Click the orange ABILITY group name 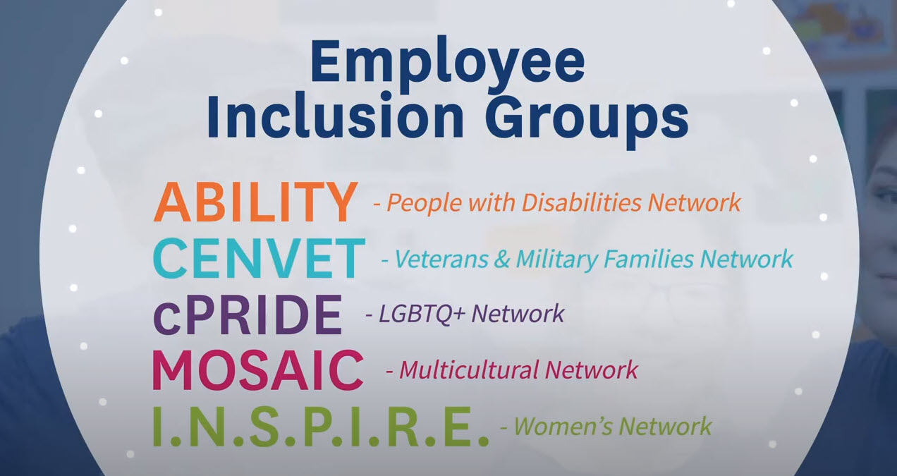(x=255, y=203)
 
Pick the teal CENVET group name (x=259, y=259)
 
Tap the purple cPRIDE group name (x=248, y=315)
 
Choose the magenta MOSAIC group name (x=258, y=370)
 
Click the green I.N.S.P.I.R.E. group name (x=321, y=427)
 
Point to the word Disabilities (x=582, y=203)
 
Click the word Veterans (x=432, y=259)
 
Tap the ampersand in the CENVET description (x=500, y=259)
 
